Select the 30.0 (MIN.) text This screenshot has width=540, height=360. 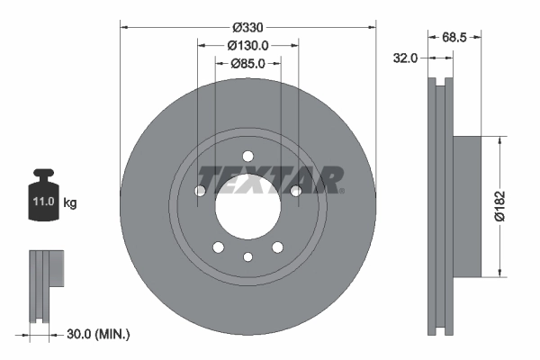[99, 334]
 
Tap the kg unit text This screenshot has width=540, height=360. [70, 203]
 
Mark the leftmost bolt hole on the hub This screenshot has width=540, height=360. [201, 190]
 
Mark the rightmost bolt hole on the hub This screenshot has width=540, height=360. [295, 190]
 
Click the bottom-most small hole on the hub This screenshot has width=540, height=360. [247, 257]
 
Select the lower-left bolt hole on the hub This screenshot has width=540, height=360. [218, 247]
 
